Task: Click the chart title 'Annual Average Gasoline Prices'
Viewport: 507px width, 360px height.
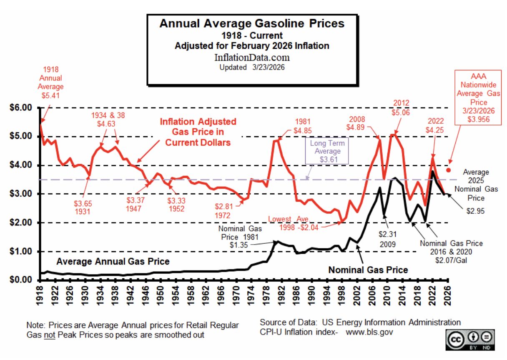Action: click(252, 23)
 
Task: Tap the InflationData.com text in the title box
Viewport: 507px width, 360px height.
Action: click(252, 57)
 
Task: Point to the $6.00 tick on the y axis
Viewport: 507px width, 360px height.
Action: click(20, 108)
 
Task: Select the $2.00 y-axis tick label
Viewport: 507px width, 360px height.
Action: click(20, 223)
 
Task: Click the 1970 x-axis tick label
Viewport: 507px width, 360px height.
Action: click(238, 292)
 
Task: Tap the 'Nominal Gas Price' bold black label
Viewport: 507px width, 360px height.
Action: click(368, 270)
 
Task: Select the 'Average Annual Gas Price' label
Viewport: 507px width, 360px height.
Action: click(113, 262)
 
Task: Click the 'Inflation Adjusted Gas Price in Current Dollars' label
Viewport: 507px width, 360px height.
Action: click(198, 132)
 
